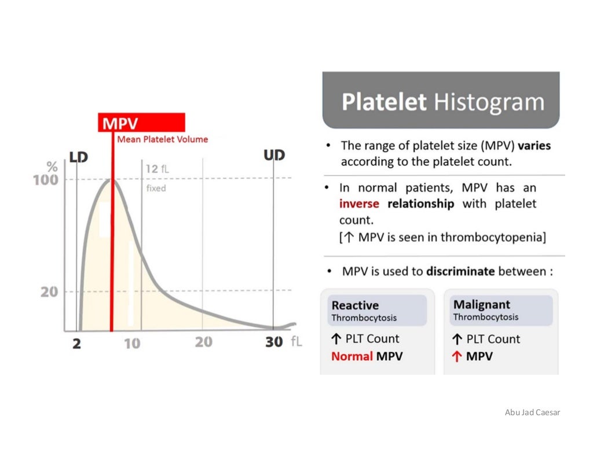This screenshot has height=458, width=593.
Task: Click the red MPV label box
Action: (x=141, y=123)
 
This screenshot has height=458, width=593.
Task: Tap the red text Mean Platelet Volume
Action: (x=162, y=139)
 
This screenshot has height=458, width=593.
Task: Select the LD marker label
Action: (x=78, y=157)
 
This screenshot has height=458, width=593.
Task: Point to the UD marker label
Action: (x=274, y=156)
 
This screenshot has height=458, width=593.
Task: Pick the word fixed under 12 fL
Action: (x=156, y=188)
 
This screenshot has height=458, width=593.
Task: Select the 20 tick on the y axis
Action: (x=49, y=291)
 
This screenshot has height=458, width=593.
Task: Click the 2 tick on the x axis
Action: (x=76, y=343)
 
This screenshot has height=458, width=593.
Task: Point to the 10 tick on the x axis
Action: (x=132, y=343)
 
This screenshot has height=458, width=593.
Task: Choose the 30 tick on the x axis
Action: (x=274, y=342)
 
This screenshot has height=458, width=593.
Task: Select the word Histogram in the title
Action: (x=489, y=102)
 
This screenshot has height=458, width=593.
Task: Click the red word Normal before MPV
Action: (x=352, y=356)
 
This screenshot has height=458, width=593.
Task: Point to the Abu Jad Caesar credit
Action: (x=532, y=412)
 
